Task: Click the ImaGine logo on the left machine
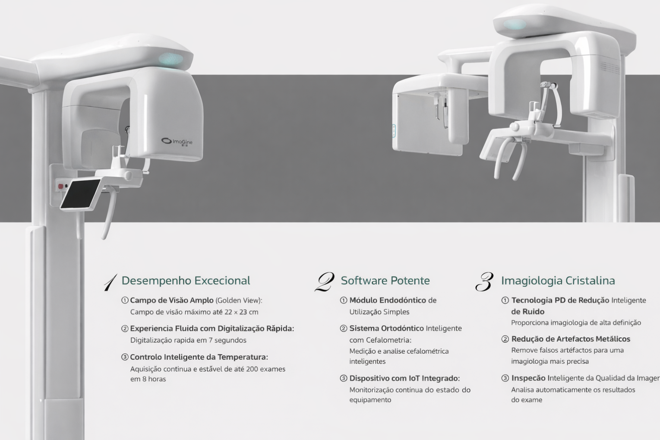pos(177,142)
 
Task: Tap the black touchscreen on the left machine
pos(80,193)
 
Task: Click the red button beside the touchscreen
pos(61,186)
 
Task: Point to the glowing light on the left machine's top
pos(171,59)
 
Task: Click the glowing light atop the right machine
pos(515,25)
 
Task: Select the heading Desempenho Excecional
pos(186,281)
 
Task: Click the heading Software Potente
pos(385,281)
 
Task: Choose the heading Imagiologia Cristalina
pos(558,281)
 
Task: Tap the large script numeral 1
pos(111,282)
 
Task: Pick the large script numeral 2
pos(325,282)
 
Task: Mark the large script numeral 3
pos(484,282)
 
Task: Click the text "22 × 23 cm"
pos(241,312)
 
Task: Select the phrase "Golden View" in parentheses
pos(238,300)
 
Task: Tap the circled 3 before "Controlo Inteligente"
pos(125,357)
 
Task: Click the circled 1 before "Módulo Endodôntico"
pos(344,300)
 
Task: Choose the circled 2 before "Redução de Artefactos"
pos(505,339)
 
